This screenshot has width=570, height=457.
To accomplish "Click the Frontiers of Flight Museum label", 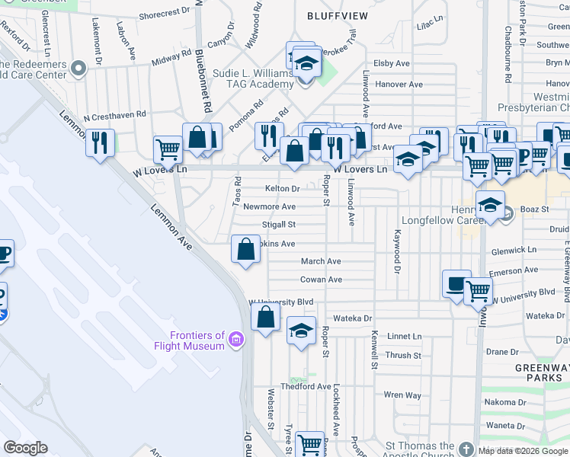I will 197,340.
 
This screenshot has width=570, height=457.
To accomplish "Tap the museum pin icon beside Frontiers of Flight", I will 236,339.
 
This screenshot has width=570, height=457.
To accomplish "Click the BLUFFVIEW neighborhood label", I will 337,15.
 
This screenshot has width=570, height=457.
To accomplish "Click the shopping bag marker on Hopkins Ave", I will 245,249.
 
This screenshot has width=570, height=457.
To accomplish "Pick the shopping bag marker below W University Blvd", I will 265,318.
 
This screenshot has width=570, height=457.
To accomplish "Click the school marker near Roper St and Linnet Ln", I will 301,331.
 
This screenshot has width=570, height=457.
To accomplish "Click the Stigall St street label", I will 279,225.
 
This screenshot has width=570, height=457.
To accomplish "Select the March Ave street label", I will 321,261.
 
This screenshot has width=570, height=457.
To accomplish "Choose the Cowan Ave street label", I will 321,280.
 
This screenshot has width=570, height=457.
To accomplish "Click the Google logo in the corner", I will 25,448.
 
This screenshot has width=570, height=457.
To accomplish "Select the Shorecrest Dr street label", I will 165,12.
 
